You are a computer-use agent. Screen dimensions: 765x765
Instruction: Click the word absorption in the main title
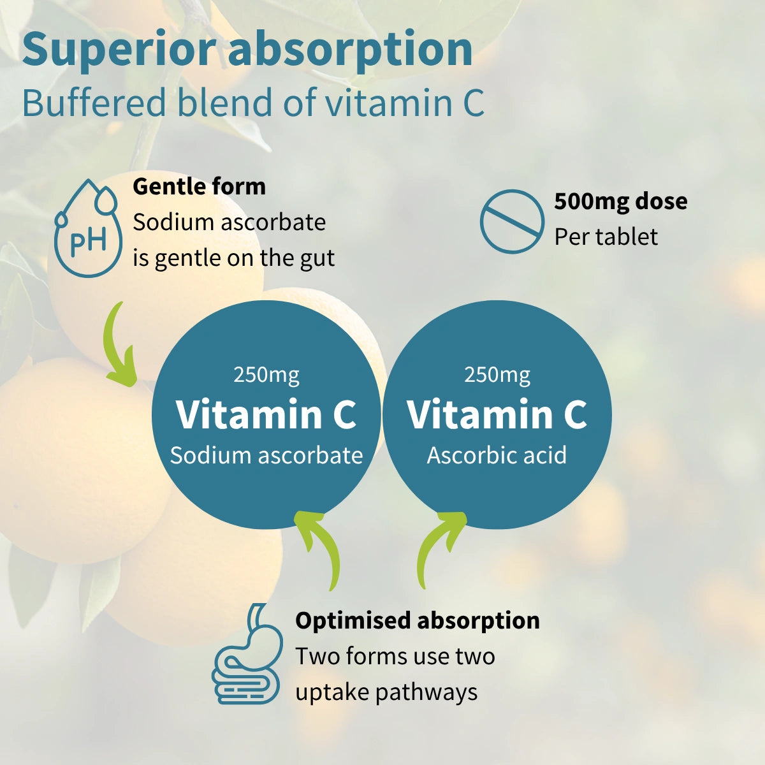pos(350,50)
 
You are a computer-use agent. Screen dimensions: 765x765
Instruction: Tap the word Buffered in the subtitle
pos(94,103)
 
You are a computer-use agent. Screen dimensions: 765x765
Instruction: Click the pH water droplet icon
pos(88,229)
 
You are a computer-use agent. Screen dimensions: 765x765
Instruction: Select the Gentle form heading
pos(199,187)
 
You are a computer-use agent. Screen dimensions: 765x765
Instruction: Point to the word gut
pos(317,258)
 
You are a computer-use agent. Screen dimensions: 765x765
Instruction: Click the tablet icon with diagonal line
pos(511,221)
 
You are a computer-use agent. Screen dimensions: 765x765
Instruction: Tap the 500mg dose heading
pos(620,201)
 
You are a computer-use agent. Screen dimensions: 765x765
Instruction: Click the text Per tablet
pos(606,237)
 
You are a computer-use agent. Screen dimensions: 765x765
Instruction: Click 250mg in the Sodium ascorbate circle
pos(266,374)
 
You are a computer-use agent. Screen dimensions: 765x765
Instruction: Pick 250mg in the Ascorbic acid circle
pos(497,374)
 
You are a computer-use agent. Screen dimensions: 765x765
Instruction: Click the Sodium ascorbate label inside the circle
pos(266,455)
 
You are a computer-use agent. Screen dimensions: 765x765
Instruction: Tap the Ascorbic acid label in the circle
pos(497,455)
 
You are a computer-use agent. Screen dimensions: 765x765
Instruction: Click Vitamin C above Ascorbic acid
pos(497,414)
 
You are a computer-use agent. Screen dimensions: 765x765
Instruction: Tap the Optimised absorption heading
pos(417,620)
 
